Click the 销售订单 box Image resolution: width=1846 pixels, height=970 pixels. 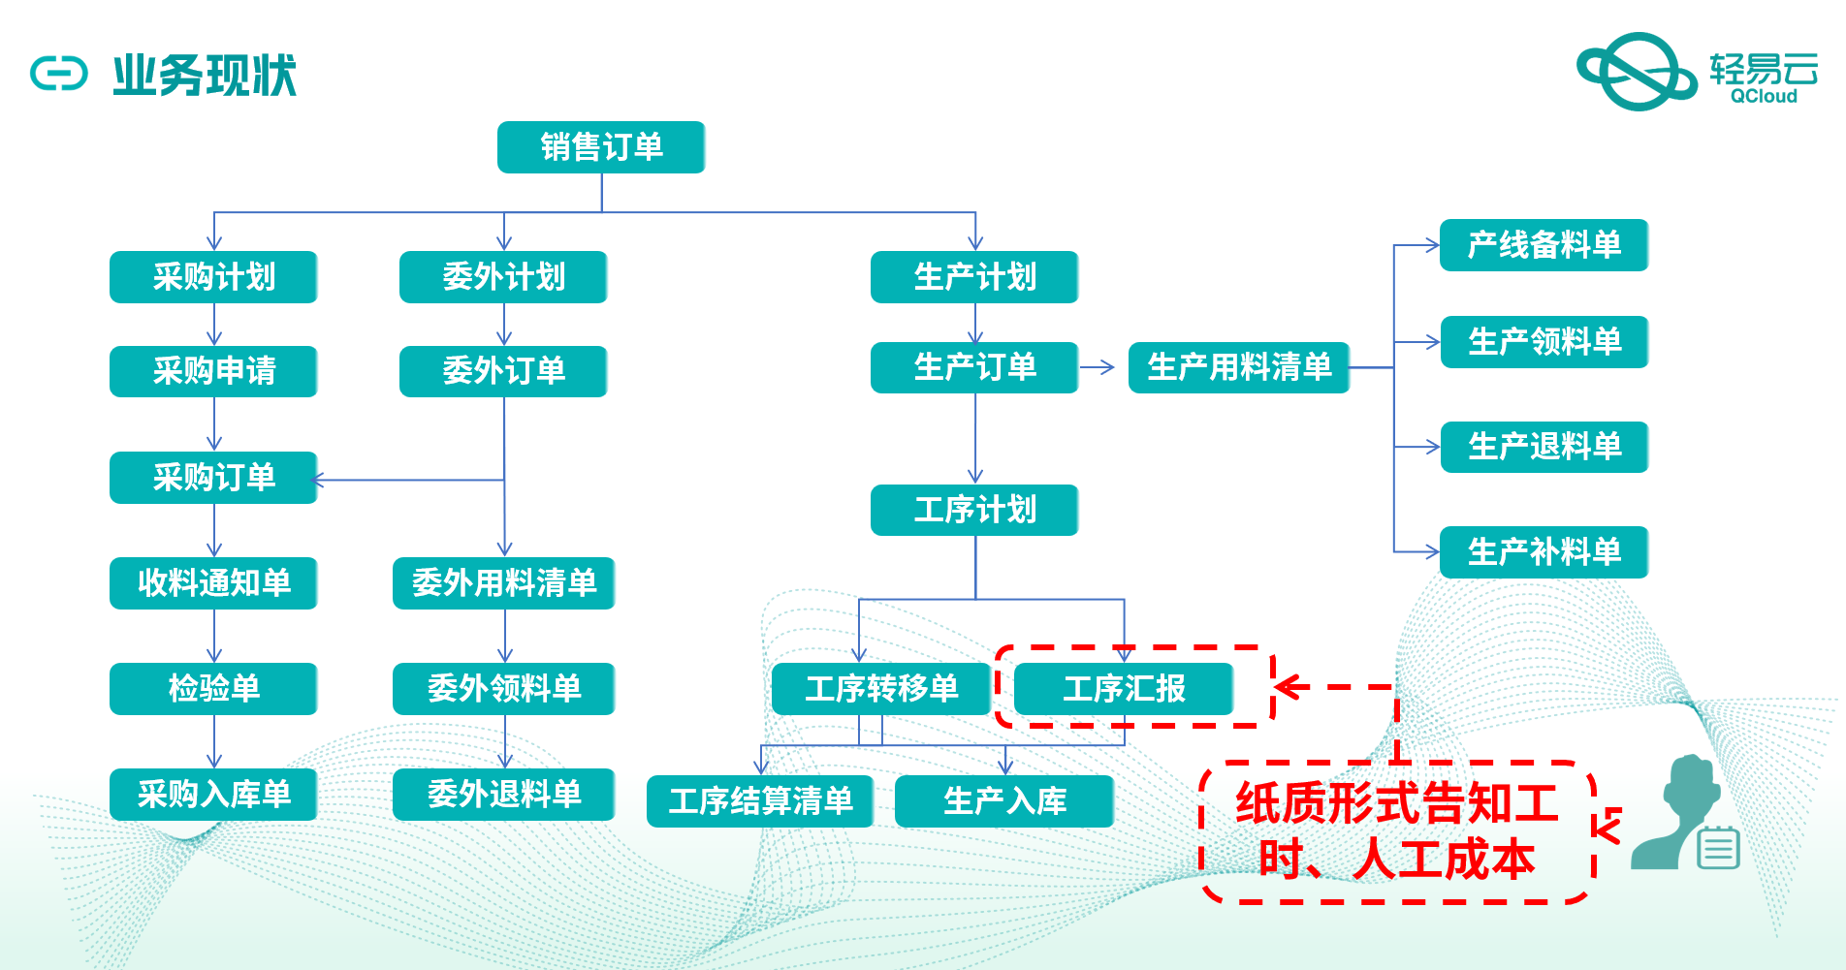[601, 147]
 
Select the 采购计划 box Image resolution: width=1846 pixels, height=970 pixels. [213, 277]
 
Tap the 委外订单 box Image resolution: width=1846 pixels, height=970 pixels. [503, 371]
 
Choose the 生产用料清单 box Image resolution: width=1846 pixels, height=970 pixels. [1239, 367]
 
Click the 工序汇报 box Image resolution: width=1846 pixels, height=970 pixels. [1124, 689]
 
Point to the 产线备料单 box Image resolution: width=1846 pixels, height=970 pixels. [1544, 245]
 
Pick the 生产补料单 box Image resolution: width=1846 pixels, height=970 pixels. [1544, 552]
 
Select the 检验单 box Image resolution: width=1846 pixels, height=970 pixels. [213, 689]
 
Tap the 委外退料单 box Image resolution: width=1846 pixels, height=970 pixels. [503, 795]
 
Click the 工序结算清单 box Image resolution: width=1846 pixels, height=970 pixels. [760, 801]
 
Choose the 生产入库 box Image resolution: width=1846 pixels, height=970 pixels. [1004, 801]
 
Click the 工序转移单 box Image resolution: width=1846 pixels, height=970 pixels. [881, 689]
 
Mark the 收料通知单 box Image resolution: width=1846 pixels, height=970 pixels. [213, 583]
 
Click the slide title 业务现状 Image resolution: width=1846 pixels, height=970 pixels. [205, 76]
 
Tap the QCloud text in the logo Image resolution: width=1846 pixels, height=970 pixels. [1764, 96]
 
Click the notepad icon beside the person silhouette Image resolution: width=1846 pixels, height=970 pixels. [1719, 849]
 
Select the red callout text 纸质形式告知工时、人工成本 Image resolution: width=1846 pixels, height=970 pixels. [1396, 831]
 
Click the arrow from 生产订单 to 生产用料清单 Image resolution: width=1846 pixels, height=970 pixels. [1098, 367]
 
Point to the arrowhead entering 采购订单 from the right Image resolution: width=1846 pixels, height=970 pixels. [317, 480]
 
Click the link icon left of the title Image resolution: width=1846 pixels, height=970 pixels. [59, 74]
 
